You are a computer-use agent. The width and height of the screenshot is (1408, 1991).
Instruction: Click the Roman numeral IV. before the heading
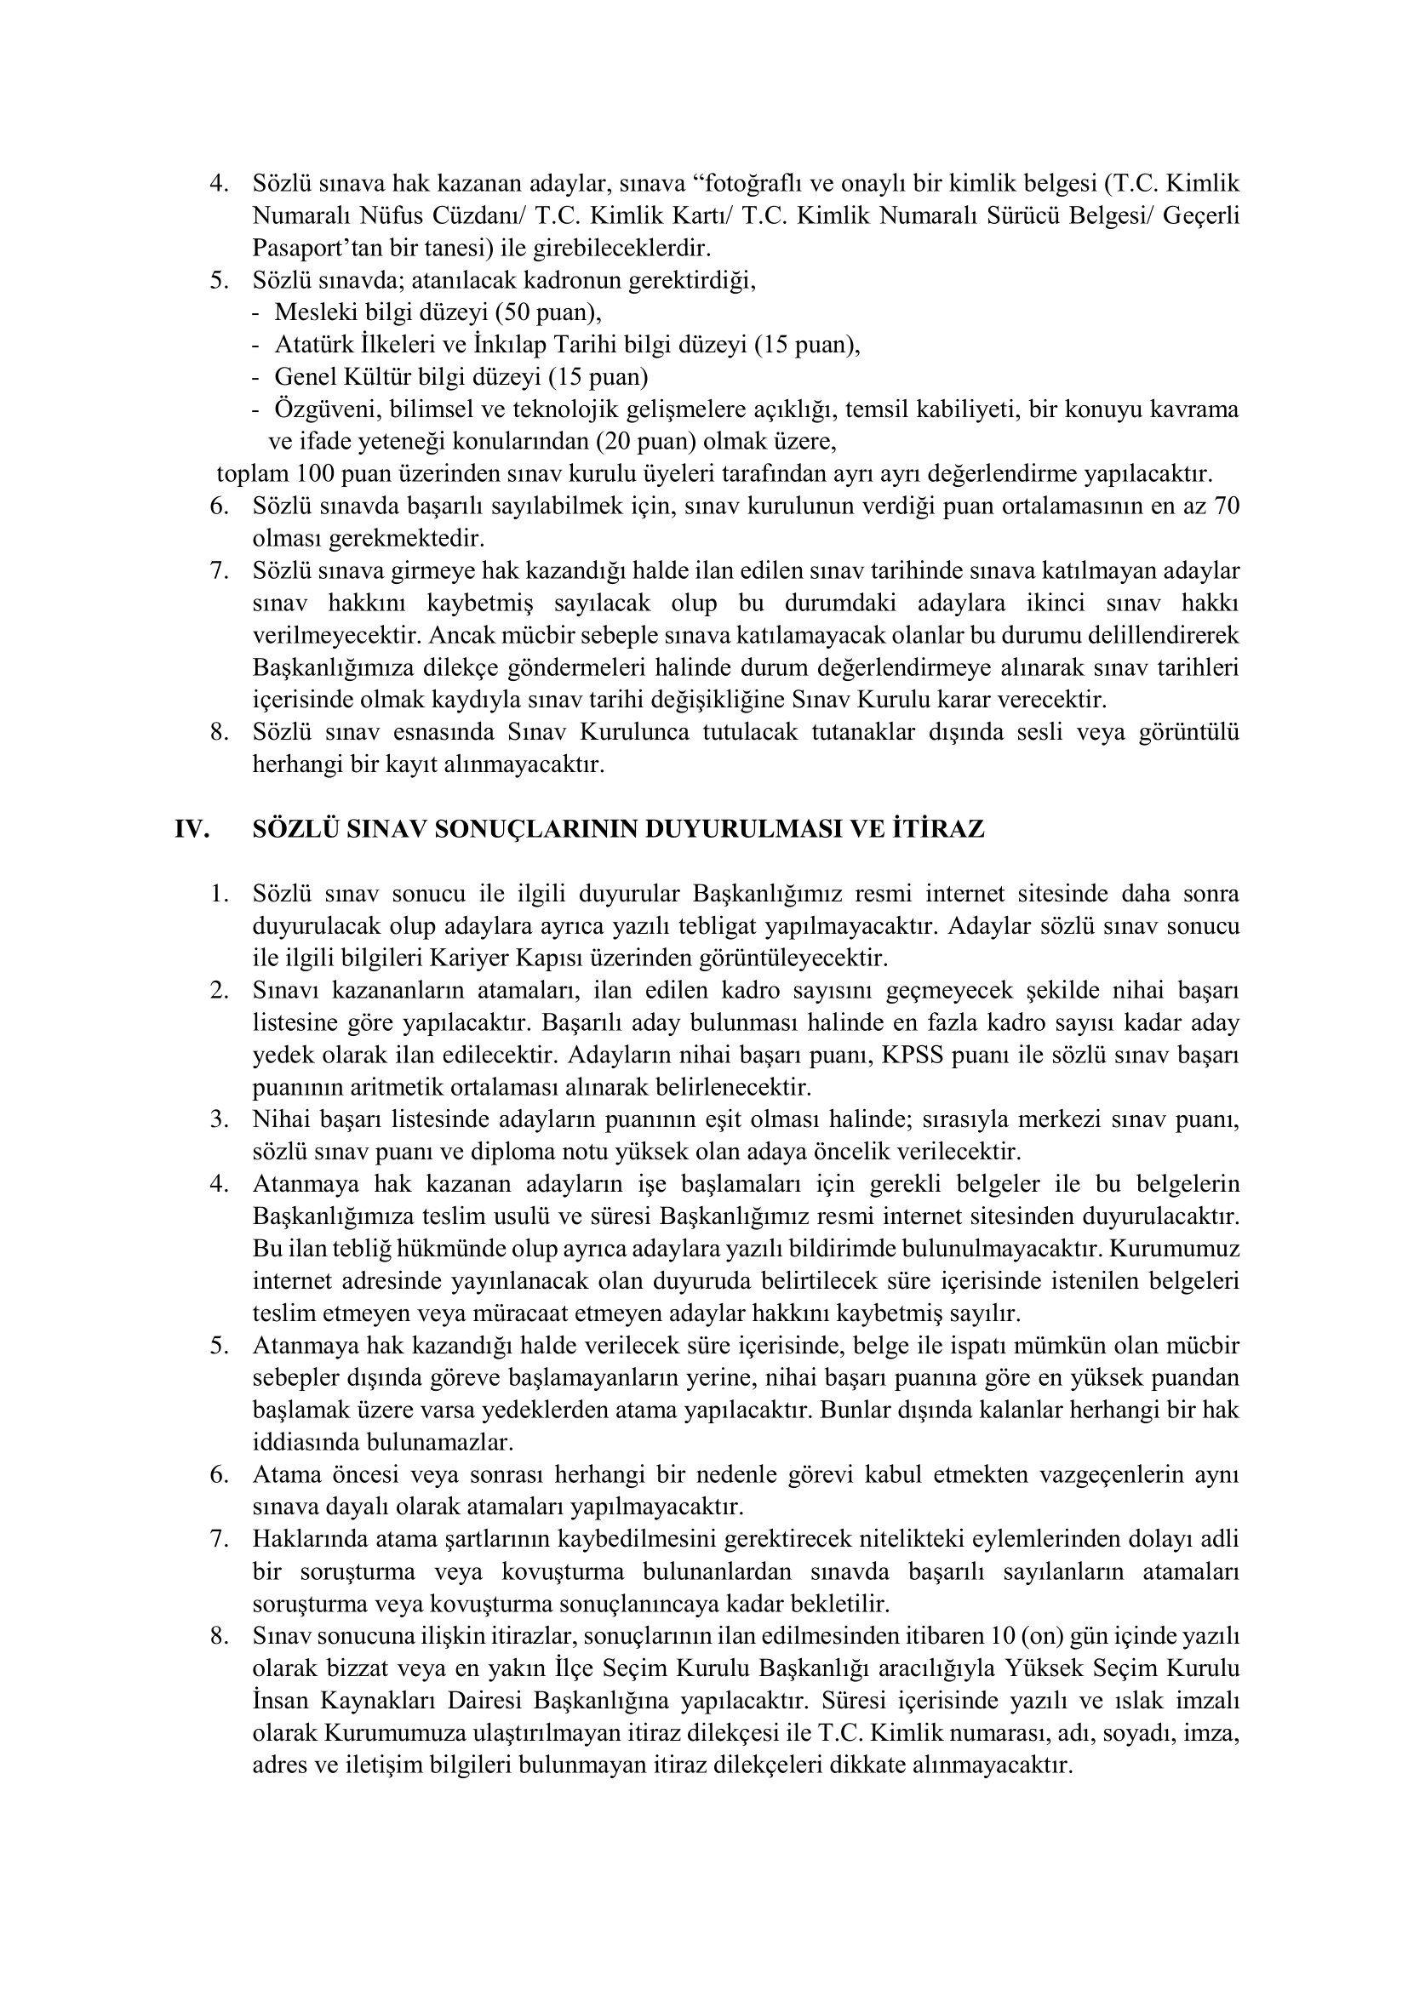192,829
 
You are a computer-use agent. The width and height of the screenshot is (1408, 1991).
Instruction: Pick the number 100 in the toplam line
315,473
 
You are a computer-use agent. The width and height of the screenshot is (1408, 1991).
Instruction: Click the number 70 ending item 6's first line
1227,506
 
